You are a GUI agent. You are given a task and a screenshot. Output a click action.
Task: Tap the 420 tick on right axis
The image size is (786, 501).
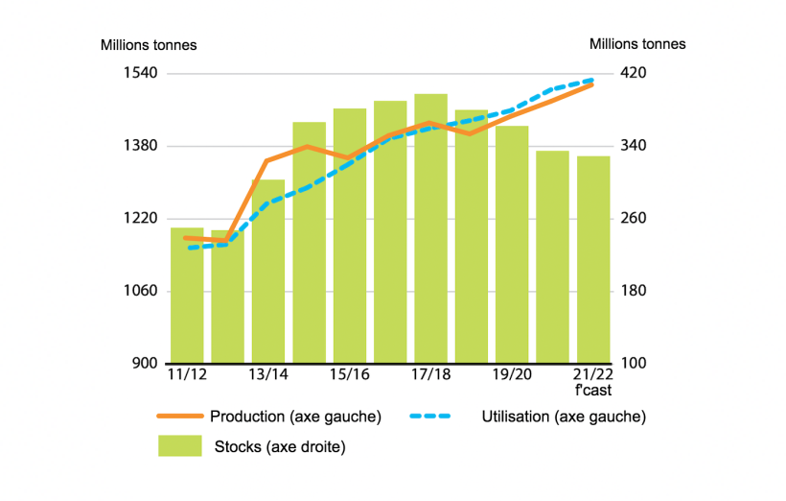636,73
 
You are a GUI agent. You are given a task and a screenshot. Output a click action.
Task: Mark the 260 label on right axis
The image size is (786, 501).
636,219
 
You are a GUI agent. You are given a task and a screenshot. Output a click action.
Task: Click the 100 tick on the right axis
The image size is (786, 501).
636,364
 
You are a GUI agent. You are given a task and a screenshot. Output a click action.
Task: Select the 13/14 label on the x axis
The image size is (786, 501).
268,374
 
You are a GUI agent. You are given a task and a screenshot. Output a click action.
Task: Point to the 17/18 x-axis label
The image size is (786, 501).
430,374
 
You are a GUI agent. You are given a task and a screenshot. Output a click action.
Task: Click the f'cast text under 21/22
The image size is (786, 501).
593,391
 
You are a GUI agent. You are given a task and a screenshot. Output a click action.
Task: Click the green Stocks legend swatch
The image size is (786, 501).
180,446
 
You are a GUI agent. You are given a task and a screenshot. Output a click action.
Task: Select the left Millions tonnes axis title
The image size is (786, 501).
149,44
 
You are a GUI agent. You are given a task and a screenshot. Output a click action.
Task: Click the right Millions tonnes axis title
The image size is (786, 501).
637,44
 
